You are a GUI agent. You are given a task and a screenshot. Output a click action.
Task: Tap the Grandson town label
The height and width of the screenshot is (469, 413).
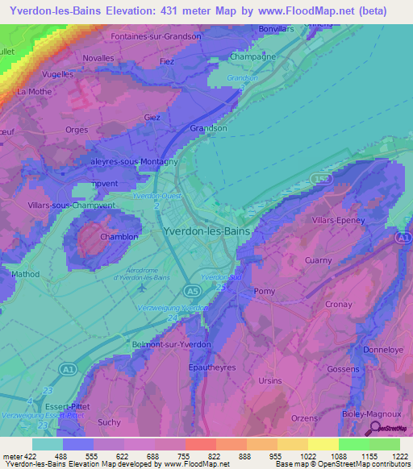pos(208,128)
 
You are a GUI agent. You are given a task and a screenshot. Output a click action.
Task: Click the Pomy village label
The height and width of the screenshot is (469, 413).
pos(265,290)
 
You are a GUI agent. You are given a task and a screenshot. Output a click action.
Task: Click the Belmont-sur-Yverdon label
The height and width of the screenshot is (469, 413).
pos(171,344)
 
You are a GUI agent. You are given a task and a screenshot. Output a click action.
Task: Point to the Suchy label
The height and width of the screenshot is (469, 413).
pos(108,421)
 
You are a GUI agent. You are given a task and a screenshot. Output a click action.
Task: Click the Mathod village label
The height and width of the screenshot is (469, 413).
pos(25,275)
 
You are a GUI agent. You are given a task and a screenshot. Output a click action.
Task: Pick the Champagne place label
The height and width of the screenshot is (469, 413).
pos(252,57)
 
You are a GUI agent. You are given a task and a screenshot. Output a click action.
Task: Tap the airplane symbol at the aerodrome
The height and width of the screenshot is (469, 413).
pos(143,287)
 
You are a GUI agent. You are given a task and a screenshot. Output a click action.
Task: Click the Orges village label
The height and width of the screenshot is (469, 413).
pos(77,130)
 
